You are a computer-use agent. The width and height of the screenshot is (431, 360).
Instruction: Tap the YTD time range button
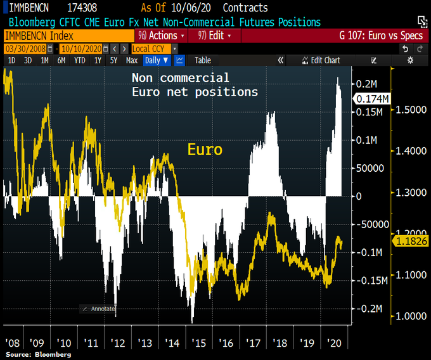(x=80, y=60)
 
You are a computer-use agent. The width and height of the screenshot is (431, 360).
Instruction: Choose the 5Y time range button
(x=113, y=60)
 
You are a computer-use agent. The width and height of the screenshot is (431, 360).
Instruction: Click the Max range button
(x=131, y=60)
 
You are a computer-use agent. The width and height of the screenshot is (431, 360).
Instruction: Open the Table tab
(x=203, y=60)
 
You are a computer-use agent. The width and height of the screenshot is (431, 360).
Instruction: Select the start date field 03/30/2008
(x=27, y=48)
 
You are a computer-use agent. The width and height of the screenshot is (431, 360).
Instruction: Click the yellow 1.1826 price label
(x=411, y=241)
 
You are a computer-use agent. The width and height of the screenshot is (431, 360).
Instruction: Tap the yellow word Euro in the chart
(x=205, y=150)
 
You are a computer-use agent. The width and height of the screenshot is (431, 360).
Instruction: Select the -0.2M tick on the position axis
(x=367, y=308)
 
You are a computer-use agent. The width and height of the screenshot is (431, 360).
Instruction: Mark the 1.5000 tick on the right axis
(x=410, y=110)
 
